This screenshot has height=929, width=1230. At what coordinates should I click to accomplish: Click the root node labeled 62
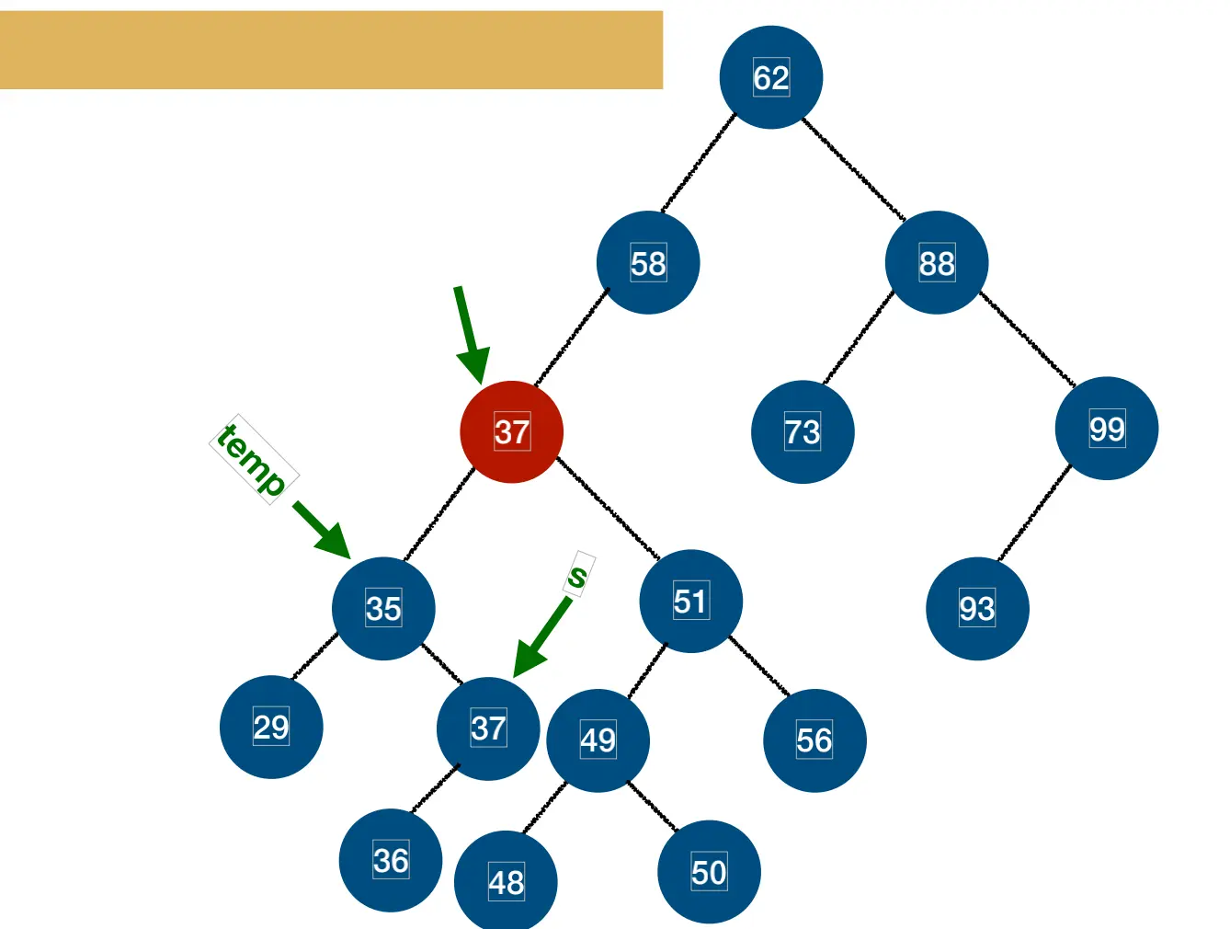[770, 77]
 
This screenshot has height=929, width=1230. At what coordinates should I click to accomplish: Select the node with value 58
[648, 263]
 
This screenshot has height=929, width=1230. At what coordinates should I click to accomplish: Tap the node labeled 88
[937, 263]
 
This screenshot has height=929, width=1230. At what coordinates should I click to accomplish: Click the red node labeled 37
[511, 431]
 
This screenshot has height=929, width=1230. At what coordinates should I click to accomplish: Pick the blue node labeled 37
[488, 728]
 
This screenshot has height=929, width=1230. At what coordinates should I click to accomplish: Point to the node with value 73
[803, 431]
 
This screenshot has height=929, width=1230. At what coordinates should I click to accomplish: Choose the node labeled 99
[1107, 429]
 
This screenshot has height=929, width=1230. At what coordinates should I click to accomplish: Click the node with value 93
[977, 608]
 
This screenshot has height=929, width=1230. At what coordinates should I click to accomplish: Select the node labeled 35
[383, 608]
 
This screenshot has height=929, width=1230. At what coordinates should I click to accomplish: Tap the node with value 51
[690, 602]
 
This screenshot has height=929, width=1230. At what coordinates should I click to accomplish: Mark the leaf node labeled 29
[271, 727]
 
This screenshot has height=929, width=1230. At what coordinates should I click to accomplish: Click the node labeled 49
[598, 740]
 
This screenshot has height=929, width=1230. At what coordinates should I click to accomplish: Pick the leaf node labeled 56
[814, 740]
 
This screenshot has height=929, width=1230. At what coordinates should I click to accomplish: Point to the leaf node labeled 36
[391, 860]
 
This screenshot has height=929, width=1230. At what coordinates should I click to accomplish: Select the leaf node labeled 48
[506, 881]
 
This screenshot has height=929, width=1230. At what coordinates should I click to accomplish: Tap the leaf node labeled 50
[709, 872]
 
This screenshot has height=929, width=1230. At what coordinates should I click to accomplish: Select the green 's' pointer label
[578, 576]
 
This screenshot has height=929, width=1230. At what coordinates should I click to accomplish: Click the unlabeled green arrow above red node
[471, 333]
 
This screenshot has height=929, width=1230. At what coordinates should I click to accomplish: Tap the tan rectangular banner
[331, 50]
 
